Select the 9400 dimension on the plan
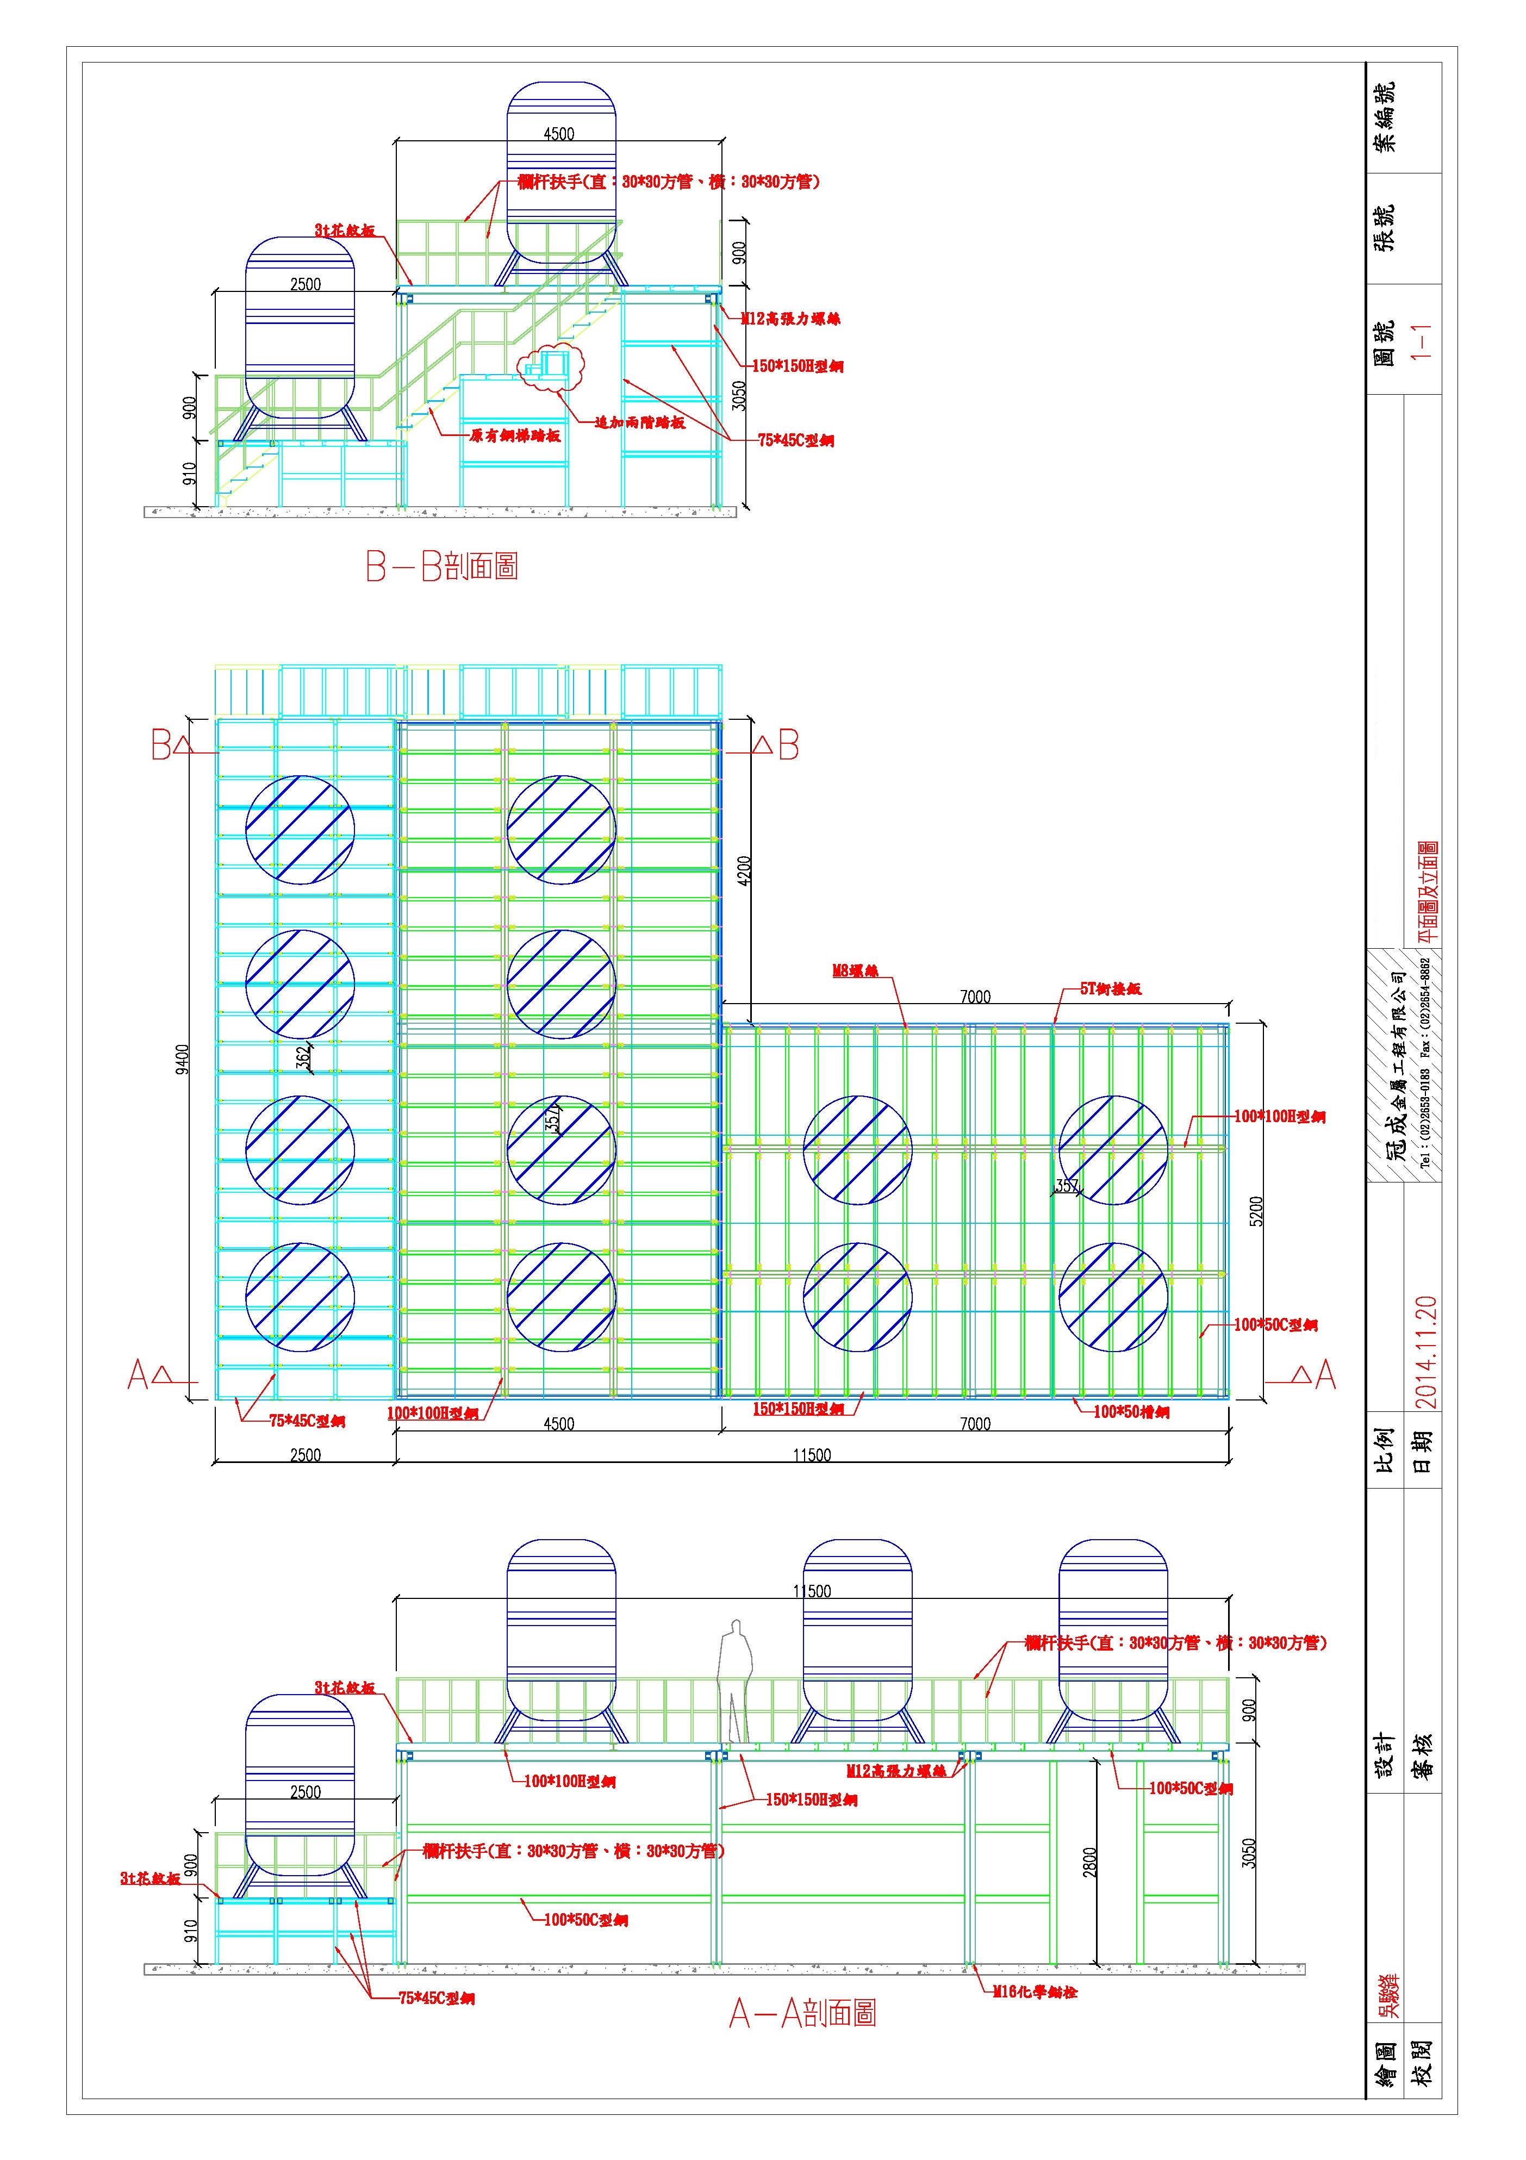tap(183, 1059)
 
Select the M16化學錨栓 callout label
tap(1035, 1991)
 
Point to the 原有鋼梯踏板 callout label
tap(515, 435)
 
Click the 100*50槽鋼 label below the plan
tap(1131, 1412)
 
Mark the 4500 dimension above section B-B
tap(559, 134)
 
